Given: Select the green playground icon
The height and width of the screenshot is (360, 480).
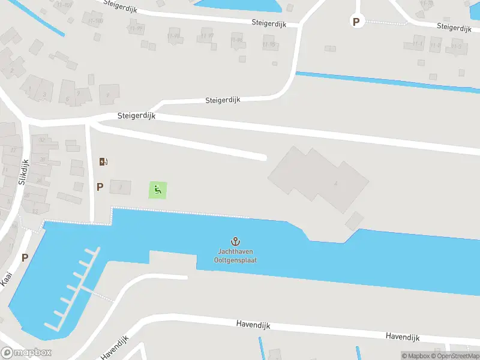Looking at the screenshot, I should click(x=158, y=191).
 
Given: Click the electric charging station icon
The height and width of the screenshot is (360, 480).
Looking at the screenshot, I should click(x=103, y=161).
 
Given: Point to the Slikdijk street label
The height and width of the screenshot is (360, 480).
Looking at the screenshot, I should click(x=24, y=172).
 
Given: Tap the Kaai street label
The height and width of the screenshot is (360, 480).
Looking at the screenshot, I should click(x=7, y=278).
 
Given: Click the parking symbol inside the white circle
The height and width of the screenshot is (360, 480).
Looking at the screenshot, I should click(x=356, y=22).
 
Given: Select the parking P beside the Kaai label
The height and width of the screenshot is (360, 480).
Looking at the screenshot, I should click(x=25, y=257).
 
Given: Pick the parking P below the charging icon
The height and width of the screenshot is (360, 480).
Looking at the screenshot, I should click(x=100, y=187).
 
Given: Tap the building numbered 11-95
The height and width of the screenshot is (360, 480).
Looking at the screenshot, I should click(x=269, y=44).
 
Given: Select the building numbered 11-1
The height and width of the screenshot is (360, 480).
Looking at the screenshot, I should click(x=417, y=44).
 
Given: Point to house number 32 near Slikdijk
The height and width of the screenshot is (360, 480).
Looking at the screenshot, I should click(x=42, y=140).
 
